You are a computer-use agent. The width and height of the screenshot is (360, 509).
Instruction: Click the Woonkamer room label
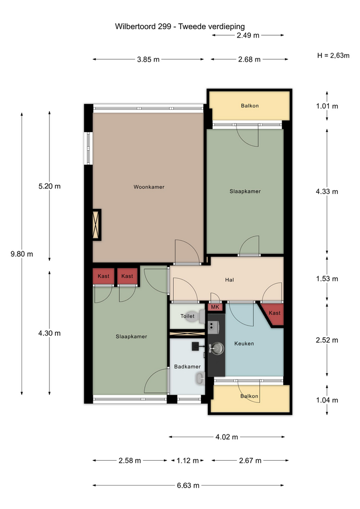149,187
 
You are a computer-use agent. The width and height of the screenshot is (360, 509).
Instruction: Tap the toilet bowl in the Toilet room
196,317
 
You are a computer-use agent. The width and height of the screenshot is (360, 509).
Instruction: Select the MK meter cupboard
215,307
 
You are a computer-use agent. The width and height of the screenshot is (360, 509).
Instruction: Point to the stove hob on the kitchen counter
213,327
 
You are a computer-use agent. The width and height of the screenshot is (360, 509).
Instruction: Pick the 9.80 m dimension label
22,254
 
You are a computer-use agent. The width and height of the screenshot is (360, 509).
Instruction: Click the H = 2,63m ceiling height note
333,56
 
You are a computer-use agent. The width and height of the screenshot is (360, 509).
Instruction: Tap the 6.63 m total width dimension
188,486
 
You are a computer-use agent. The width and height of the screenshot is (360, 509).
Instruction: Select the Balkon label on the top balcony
250,106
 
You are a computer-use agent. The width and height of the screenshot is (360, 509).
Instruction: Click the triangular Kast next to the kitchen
274,314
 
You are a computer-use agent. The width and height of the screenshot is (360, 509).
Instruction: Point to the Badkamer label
187,367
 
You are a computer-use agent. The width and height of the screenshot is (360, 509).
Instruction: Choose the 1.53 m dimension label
327,279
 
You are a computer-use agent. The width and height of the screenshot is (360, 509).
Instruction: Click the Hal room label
230,280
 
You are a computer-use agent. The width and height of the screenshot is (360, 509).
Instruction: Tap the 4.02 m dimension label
226,437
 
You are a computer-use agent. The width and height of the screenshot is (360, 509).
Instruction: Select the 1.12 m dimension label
188,461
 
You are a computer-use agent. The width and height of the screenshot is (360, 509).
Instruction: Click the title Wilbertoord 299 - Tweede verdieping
180,27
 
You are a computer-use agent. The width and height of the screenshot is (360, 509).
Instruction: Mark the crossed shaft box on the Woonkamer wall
96,225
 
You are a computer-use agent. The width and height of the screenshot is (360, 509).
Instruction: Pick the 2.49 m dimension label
248,36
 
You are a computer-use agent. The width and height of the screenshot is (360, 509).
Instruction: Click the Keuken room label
244,344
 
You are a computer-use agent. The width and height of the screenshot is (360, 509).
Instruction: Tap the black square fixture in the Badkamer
196,346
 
